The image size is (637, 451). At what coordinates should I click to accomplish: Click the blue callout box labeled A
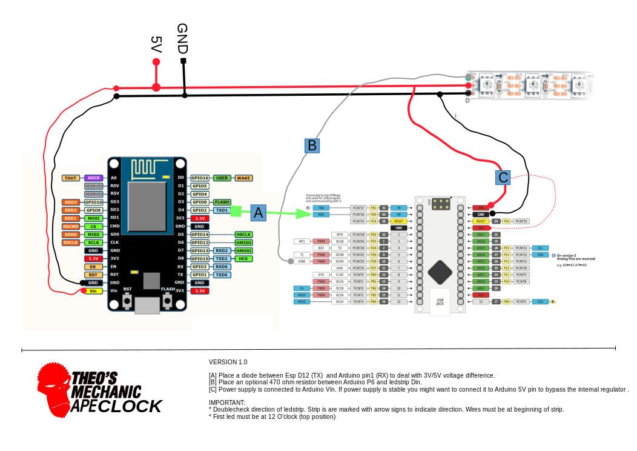pyautogui.click(x=259, y=213)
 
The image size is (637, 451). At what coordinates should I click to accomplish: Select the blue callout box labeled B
pyautogui.click(x=312, y=145)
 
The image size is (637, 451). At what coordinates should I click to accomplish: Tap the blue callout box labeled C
pyautogui.click(x=503, y=178)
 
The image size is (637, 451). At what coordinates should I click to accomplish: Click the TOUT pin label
pyautogui.click(x=71, y=178)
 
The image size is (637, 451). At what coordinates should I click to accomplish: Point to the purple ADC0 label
pyautogui.click(x=93, y=178)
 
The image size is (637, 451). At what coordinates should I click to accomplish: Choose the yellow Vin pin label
pyautogui.click(x=93, y=291)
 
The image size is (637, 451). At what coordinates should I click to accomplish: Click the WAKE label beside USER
pyautogui.click(x=243, y=178)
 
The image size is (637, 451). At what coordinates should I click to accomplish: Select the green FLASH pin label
pyautogui.click(x=222, y=202)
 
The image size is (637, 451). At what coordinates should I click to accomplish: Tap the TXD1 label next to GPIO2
pyautogui.click(x=222, y=210)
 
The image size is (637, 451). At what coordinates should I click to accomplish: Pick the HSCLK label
pyautogui.click(x=243, y=235)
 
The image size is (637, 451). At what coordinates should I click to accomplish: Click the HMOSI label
pyautogui.click(x=243, y=250)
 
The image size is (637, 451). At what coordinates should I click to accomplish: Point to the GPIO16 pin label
pyautogui.click(x=200, y=178)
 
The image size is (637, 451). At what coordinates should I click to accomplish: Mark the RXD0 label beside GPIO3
pyautogui.click(x=222, y=267)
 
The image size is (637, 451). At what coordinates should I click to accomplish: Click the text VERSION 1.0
pyautogui.click(x=228, y=362)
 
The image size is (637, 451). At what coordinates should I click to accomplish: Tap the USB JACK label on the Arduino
pyautogui.click(x=440, y=301)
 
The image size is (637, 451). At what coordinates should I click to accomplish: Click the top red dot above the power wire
pyautogui.click(x=156, y=62)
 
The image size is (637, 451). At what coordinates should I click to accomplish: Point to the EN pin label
pyautogui.click(x=93, y=267)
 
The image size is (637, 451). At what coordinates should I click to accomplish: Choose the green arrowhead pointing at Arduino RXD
pyautogui.click(x=305, y=213)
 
